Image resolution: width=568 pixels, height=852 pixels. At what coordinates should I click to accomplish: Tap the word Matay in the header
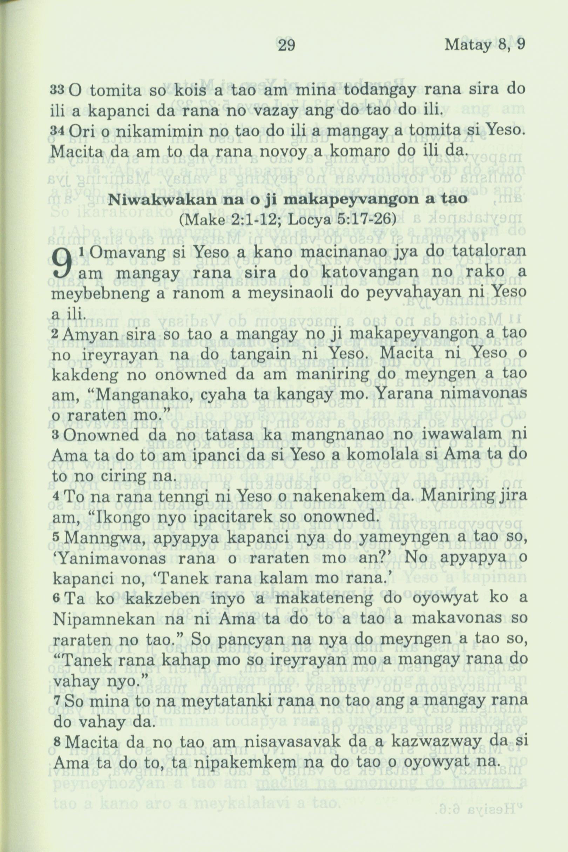pyautogui.click(x=468, y=45)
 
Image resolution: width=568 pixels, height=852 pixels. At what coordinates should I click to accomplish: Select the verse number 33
pyautogui.click(x=56, y=89)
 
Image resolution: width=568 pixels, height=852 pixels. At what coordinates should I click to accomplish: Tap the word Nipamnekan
pyautogui.click(x=105, y=620)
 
